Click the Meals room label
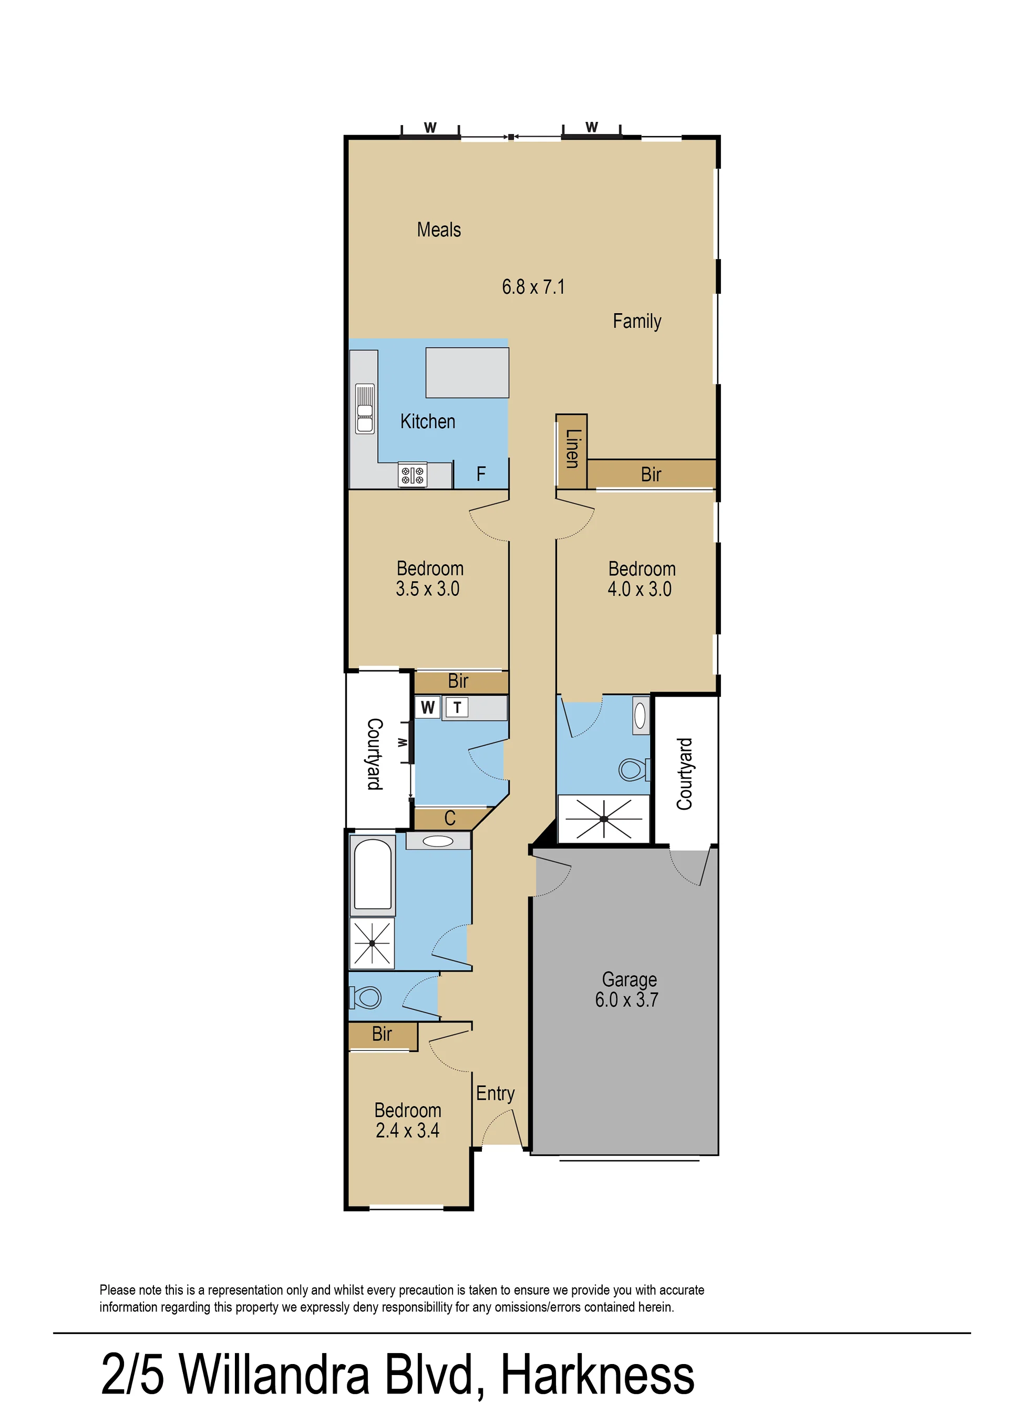439,230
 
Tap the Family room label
637,321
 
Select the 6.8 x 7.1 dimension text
533,287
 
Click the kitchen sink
365,408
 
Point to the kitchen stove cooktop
413,475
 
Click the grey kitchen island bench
467,373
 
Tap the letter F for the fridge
481,474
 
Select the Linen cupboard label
572,449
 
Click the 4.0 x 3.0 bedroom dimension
640,589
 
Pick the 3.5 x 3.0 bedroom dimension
427,588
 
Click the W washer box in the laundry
427,708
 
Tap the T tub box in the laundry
457,708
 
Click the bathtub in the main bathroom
373,875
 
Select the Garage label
630,979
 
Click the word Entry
495,1093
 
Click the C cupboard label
450,818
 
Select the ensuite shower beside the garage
603,819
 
